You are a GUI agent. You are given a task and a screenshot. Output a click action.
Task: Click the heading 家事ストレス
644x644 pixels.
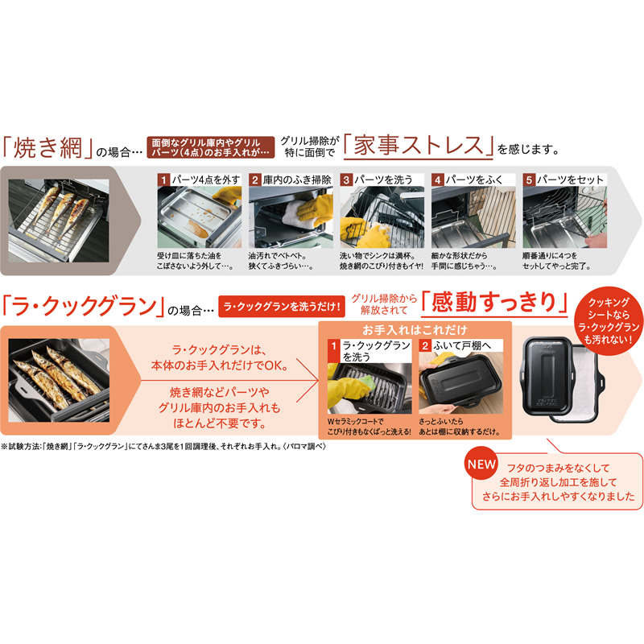click(418, 146)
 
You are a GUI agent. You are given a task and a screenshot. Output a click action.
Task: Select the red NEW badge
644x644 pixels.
click(481, 464)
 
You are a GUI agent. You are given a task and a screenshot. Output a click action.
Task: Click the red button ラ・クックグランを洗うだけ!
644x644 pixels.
click(281, 307)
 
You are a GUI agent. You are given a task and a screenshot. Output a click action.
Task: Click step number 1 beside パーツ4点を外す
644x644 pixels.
click(163, 180)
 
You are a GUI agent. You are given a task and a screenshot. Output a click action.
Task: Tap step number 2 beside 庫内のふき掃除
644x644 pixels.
click(255, 180)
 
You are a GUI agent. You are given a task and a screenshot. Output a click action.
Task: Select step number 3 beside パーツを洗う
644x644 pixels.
click(346, 180)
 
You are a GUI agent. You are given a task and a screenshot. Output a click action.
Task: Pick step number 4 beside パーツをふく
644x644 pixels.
click(438, 180)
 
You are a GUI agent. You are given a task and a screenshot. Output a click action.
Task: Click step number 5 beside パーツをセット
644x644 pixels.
click(529, 180)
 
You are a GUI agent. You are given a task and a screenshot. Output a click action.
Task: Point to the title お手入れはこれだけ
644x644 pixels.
click(415, 330)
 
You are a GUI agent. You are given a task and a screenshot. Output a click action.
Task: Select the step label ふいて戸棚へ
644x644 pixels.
click(461, 346)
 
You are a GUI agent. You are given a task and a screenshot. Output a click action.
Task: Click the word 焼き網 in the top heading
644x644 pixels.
click(47, 147)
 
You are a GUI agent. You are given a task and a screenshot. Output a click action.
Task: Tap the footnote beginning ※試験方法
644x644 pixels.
click(163, 447)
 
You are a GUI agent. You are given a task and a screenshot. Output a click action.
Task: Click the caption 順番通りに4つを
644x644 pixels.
click(550, 255)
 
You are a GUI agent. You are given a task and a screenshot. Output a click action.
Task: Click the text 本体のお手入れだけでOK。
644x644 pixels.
click(220, 365)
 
